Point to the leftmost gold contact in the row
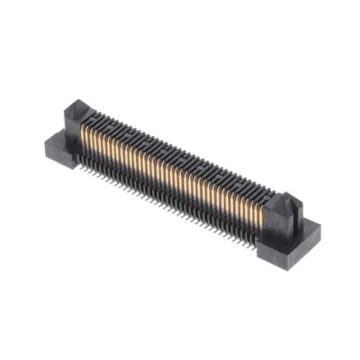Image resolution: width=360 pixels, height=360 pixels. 86,136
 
